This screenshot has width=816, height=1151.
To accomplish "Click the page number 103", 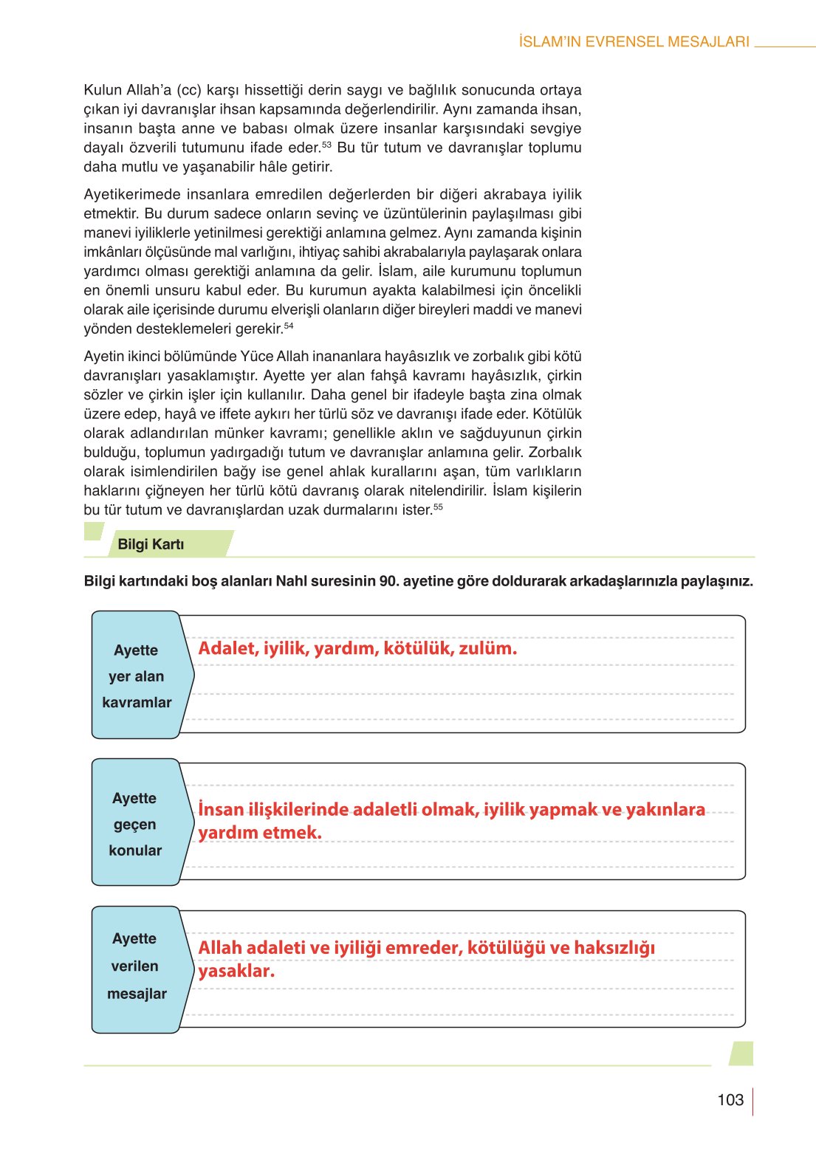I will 730,1100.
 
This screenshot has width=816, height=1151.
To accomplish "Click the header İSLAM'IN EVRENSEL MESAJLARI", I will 634,42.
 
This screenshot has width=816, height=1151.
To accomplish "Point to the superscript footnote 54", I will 289,326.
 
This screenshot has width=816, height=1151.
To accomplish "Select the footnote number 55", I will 438,506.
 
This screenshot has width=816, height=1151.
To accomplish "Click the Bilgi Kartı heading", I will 151,544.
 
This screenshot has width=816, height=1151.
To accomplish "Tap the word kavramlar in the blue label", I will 137,702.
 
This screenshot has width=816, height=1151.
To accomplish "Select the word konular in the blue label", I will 135,851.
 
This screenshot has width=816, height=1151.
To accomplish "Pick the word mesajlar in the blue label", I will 137,994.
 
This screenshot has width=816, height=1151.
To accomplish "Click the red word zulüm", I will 487,649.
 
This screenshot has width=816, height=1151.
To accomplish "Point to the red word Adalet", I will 226,649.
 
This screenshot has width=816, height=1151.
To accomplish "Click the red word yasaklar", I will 236,971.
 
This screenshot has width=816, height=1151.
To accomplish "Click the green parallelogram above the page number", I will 741,1054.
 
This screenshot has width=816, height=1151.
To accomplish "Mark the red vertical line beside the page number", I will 752,1101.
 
